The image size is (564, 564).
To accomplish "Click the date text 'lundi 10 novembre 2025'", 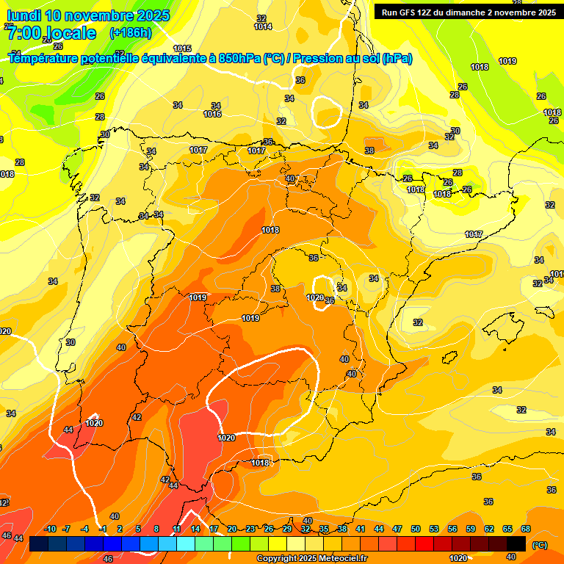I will point(88,15).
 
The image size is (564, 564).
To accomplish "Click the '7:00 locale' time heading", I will point(51,33).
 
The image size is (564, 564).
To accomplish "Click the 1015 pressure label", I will point(182,48).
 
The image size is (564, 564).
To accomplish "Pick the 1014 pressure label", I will point(263,27).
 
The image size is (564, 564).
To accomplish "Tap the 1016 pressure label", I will point(212,115).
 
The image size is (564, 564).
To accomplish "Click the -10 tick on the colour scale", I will point(50,529).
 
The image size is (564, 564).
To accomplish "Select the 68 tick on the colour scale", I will point(526,529).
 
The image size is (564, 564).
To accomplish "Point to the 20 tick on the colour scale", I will point(232,529).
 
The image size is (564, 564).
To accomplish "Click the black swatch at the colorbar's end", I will point(516,543).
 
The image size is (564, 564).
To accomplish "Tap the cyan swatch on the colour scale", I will point(186,543).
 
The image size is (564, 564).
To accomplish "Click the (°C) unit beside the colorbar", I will point(539,544).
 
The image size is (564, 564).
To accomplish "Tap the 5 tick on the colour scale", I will point(138,529).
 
